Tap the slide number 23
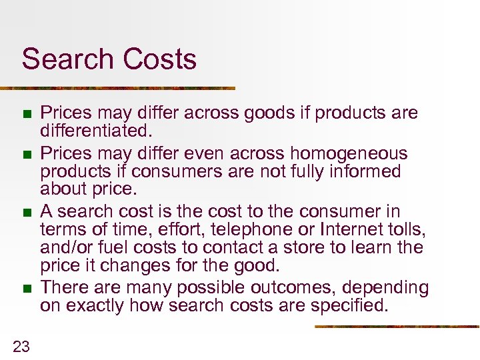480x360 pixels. point(21,345)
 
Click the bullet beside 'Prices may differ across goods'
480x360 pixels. point(27,114)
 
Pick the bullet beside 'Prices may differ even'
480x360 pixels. point(27,155)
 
